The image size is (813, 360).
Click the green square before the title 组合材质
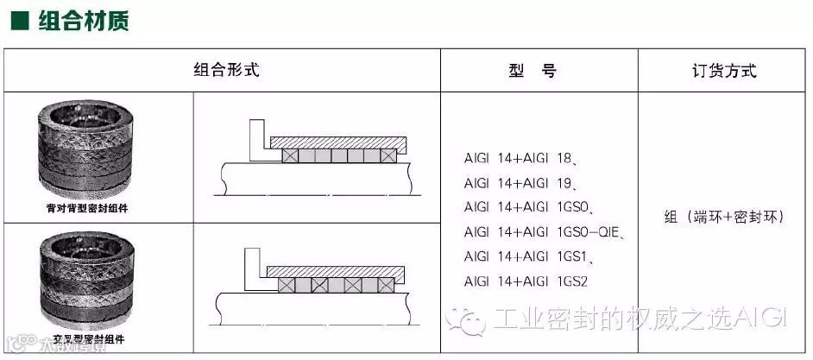tap(17, 20)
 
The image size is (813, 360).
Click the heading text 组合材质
tap(84, 20)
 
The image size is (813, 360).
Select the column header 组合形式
tap(226, 70)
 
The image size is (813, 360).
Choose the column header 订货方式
tap(724, 71)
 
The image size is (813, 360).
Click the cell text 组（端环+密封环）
tap(724, 218)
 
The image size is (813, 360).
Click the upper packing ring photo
tap(85, 153)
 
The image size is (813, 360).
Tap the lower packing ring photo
tap(85, 282)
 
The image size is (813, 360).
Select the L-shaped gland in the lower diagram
tap(255, 270)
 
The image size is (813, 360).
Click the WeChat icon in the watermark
tap(472, 319)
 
